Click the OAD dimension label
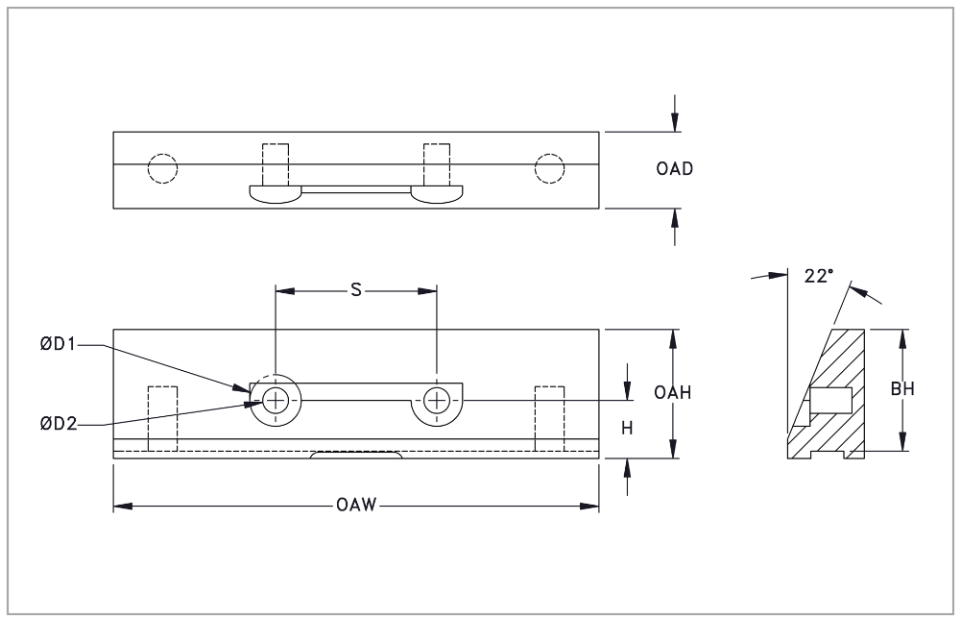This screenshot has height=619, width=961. (675, 169)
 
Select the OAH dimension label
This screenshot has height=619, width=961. (675, 392)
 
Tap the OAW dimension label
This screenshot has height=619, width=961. (355, 507)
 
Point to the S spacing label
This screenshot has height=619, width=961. (355, 289)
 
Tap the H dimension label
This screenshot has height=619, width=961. (627, 429)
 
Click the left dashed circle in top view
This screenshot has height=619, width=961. (162, 168)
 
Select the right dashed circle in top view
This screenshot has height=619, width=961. (550, 168)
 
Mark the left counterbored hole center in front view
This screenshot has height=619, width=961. (276, 400)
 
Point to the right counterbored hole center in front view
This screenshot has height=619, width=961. (437, 400)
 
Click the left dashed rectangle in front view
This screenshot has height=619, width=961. (162, 417)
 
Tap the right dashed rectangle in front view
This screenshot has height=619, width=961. (549, 417)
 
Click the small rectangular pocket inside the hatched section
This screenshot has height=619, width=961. (830, 397)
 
